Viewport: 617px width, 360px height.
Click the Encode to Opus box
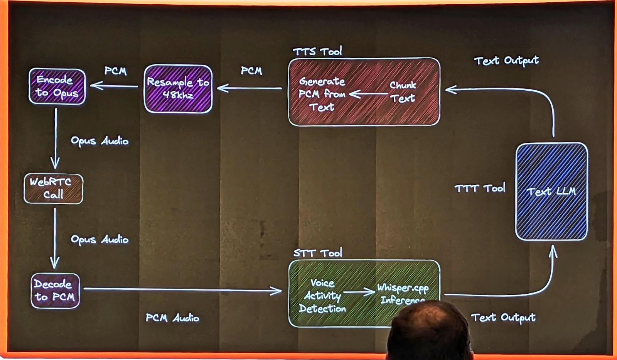pyautogui.click(x=57, y=86)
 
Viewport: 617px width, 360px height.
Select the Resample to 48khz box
pyautogui.click(x=178, y=89)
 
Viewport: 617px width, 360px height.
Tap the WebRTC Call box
pyautogui.click(x=53, y=188)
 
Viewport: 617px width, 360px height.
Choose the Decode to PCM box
pyautogui.click(x=55, y=291)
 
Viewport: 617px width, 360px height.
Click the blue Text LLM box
pyautogui.click(x=551, y=191)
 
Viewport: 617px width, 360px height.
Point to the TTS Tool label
pyautogui.click(x=317, y=51)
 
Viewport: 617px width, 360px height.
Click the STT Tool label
pyautogui.click(x=317, y=253)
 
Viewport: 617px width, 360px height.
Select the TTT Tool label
pyautogui.click(x=480, y=188)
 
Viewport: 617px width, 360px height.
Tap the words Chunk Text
pyautogui.click(x=403, y=92)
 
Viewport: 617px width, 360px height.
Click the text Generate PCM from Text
pyautogui.click(x=322, y=94)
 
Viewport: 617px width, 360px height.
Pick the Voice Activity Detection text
pyautogui.click(x=322, y=296)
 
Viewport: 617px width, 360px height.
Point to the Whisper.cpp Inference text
pyautogui.click(x=403, y=294)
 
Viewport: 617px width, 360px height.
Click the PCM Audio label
pyautogui.click(x=172, y=318)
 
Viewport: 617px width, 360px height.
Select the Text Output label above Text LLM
pyautogui.click(x=506, y=61)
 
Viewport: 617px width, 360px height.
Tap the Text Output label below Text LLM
pyautogui.click(x=503, y=318)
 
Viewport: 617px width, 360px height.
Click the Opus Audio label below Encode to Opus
pyautogui.click(x=99, y=141)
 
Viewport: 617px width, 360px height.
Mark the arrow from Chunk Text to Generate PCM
pyautogui.click(x=368, y=94)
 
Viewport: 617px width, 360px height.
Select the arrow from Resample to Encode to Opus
pyautogui.click(x=115, y=86)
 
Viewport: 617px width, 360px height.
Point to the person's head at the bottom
pyautogui.click(x=428, y=330)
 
